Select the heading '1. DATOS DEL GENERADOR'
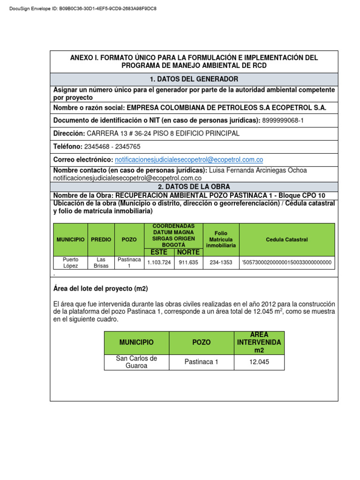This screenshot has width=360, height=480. (194, 79)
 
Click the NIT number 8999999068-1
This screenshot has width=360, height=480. (283, 120)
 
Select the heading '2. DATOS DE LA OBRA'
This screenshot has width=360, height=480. (194, 187)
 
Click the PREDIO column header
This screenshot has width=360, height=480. (101, 240)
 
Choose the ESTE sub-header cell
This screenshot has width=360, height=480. (159, 252)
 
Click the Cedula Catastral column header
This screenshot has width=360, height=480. (286, 240)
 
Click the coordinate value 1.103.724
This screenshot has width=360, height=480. (159, 262)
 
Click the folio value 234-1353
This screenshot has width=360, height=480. (220, 262)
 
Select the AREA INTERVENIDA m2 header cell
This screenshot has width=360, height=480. (259, 343)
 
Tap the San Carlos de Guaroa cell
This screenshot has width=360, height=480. (136, 362)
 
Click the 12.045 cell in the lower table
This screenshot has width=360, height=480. (259, 362)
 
